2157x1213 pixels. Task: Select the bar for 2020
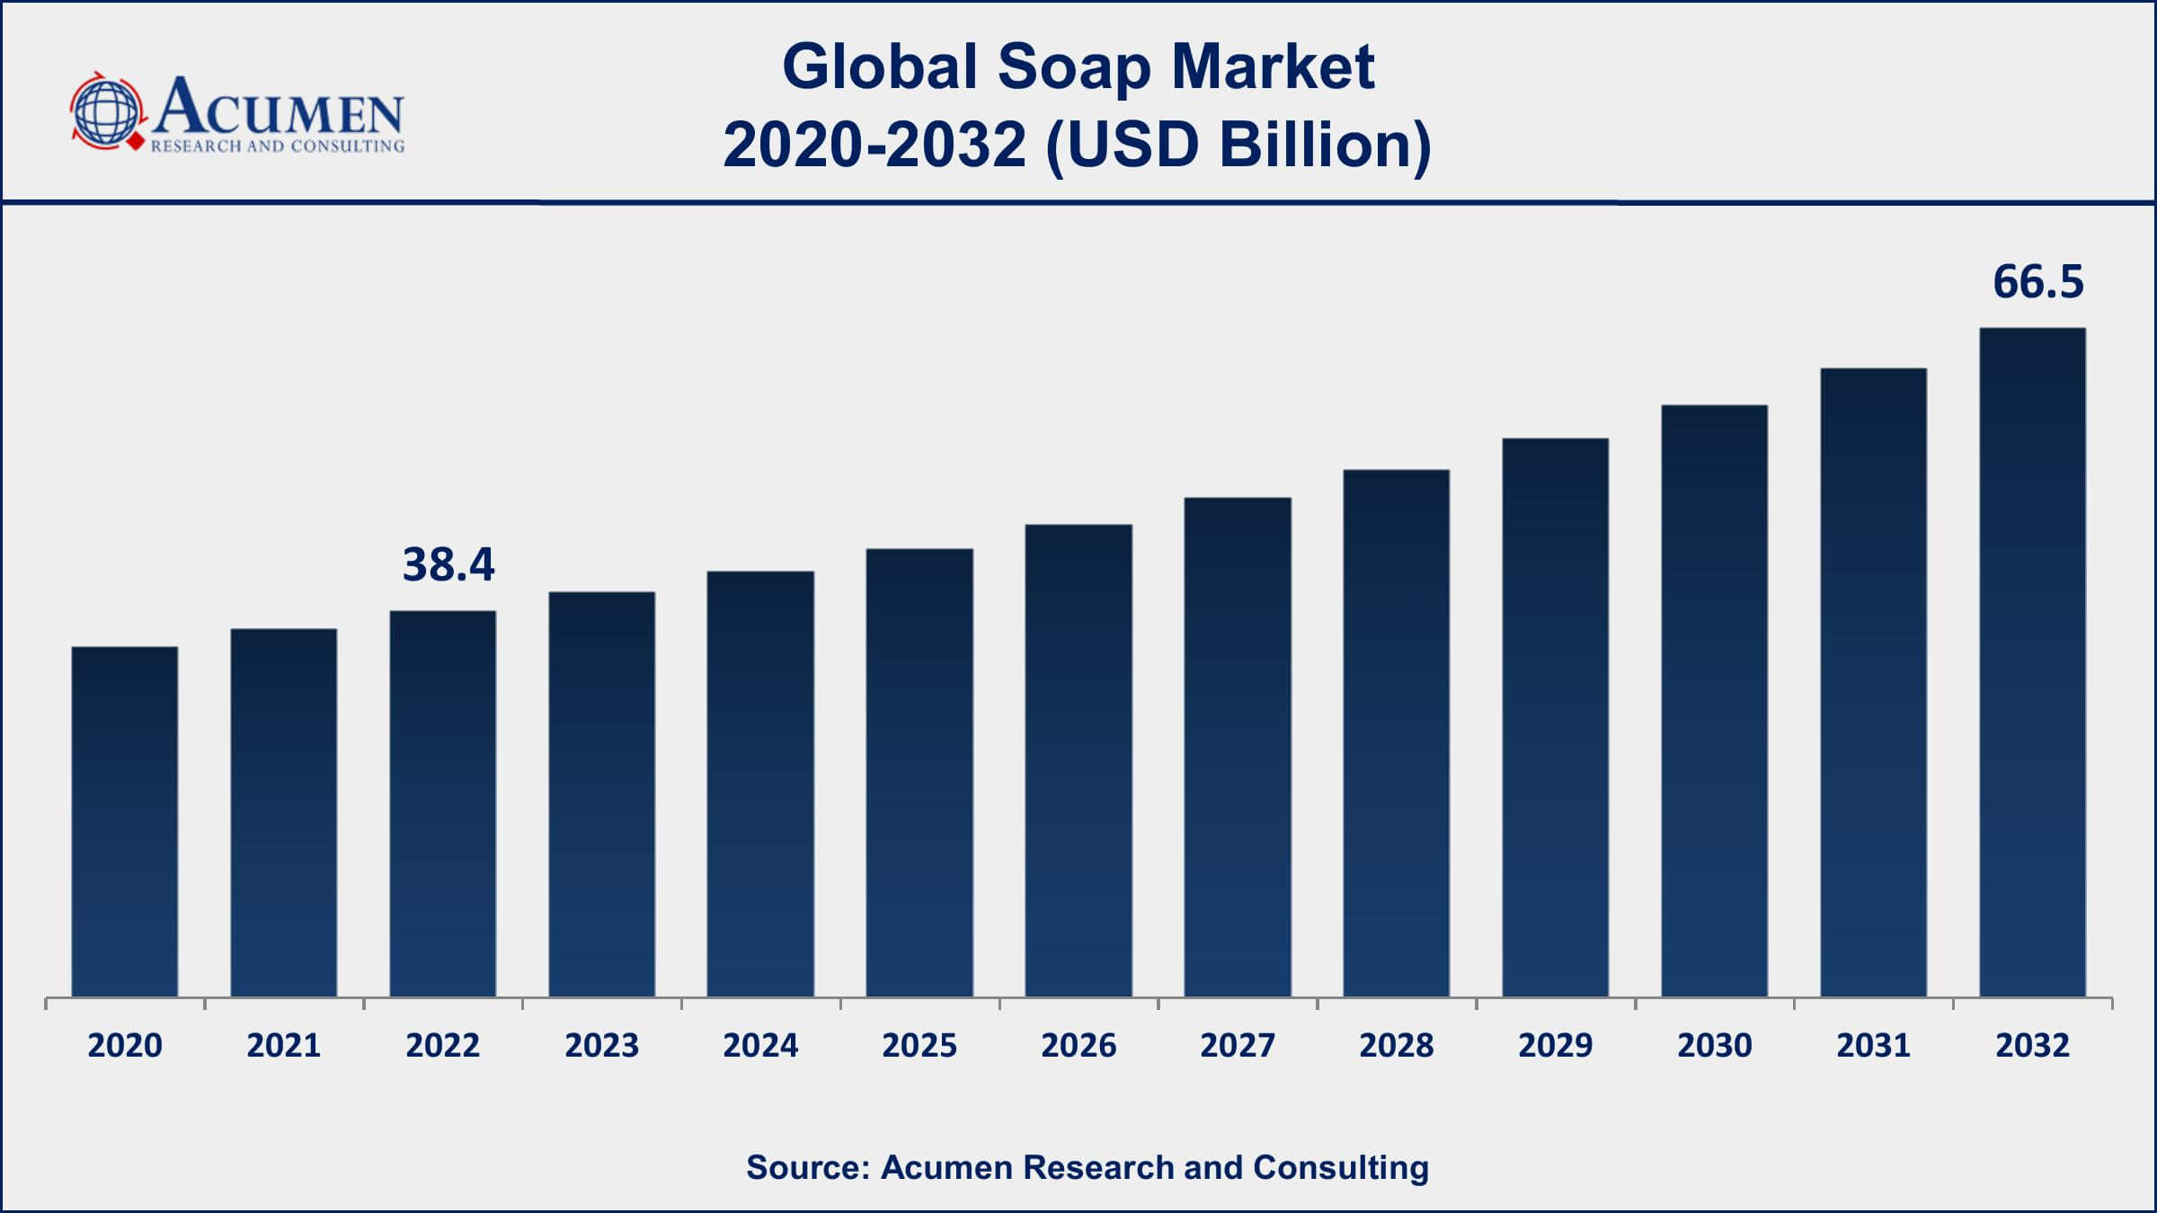point(125,821)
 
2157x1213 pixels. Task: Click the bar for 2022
point(442,803)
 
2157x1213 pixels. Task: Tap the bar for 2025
point(919,773)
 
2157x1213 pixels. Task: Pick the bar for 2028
point(1396,733)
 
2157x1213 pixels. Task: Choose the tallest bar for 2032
point(2032,662)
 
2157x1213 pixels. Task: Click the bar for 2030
point(1714,701)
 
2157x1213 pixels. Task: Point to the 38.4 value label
point(448,564)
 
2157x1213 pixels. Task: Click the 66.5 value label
point(2037,282)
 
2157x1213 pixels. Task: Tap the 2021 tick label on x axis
point(284,1045)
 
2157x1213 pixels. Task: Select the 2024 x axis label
point(760,1045)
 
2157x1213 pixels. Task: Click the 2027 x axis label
point(1237,1045)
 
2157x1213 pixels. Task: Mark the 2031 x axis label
point(1873,1045)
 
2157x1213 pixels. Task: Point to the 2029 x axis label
point(1555,1045)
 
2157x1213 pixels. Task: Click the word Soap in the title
point(1074,67)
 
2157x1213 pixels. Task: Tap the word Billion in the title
point(1325,145)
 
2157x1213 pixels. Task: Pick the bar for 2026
point(1078,760)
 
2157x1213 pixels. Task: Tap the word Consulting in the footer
point(1341,1167)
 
